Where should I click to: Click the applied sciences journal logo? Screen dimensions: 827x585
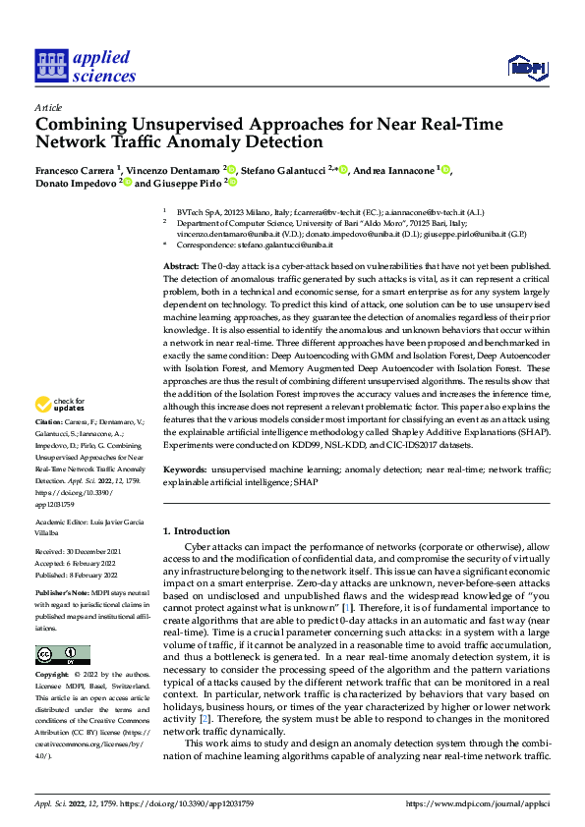click(x=84, y=66)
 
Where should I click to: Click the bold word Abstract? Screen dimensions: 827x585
click(x=182, y=267)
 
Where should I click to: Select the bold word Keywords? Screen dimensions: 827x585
click(x=184, y=470)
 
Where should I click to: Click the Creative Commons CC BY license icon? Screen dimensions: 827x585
click(x=62, y=656)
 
